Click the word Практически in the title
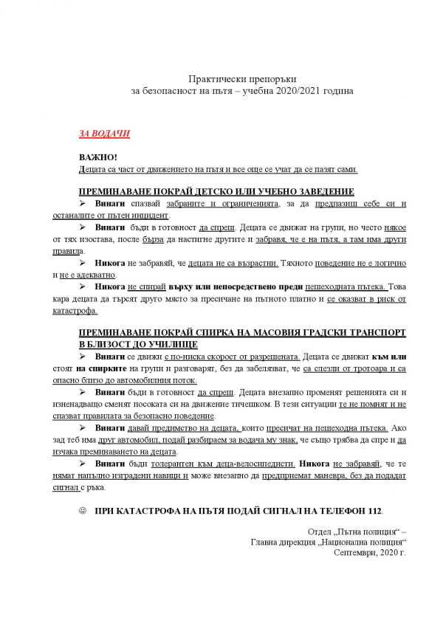point(213,78)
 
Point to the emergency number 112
point(376,510)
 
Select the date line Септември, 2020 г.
point(370,551)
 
